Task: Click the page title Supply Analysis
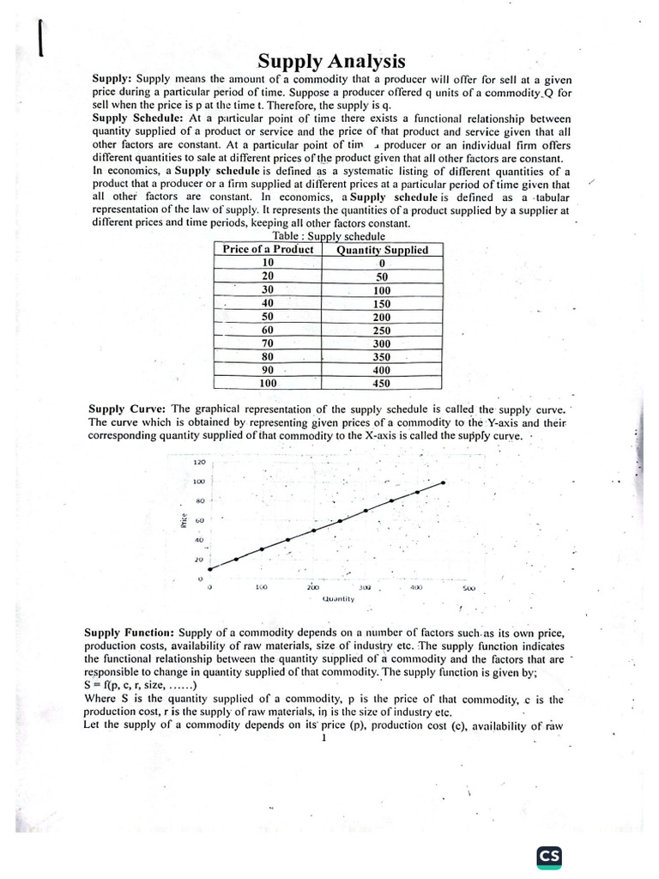332,62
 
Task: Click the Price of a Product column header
268,249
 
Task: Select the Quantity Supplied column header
382,250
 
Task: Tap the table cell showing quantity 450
382,384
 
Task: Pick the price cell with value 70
268,343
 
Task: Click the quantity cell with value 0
382,264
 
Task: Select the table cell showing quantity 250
382,330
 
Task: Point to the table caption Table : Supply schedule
329,236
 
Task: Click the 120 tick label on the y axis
199,462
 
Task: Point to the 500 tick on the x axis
468,589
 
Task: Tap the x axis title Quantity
339,598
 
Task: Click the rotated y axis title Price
184,520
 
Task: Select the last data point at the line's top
444,483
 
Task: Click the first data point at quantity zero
209,568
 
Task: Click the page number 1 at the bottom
324,738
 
